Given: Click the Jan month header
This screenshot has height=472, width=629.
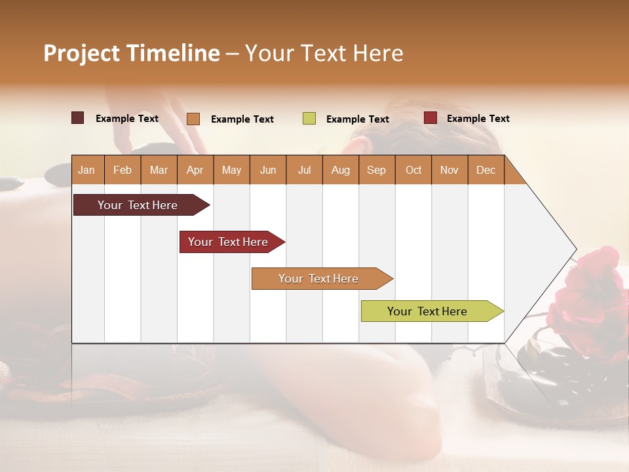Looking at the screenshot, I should [x=86, y=170].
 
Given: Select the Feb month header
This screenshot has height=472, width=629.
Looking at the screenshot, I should [x=123, y=170].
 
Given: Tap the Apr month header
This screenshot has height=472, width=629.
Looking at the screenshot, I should [x=195, y=170].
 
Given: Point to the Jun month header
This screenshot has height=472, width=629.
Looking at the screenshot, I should [x=268, y=170].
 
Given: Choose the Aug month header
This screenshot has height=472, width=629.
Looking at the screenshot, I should [x=340, y=170].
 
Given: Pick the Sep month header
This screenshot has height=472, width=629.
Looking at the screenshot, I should [x=376, y=170].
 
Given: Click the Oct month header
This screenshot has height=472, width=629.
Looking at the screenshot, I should [x=413, y=170].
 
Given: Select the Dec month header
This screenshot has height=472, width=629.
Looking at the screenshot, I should [x=486, y=170].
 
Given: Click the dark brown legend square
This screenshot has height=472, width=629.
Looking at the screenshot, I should [x=78, y=118].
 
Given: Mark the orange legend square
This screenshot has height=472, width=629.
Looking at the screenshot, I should [x=193, y=119].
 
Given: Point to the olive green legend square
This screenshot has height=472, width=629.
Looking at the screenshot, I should [x=309, y=119].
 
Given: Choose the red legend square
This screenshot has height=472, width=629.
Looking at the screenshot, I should [x=430, y=118].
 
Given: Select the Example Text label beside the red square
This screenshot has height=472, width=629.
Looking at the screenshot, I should [x=478, y=119].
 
